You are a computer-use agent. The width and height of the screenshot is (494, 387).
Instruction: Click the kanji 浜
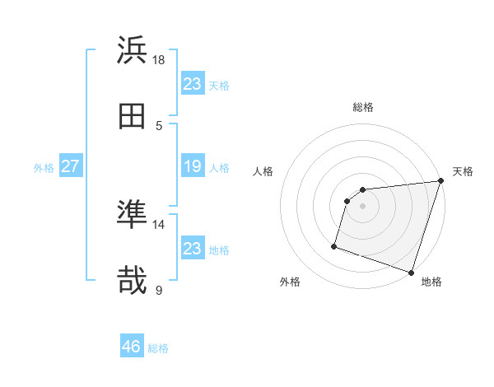pyautogui.click(x=132, y=50)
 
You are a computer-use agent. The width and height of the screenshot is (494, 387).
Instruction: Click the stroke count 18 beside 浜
pyautogui.click(x=159, y=60)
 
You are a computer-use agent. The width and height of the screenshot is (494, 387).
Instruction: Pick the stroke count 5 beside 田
pyautogui.click(x=159, y=126)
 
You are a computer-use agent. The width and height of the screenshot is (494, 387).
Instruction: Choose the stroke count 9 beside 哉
pyautogui.click(x=159, y=291)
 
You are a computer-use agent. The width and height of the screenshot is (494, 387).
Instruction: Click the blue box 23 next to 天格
pyautogui.click(x=193, y=84)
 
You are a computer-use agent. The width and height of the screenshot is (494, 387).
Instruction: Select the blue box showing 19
pyautogui.click(x=193, y=167)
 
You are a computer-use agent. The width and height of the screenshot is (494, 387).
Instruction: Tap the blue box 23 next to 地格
pyautogui.click(x=193, y=248)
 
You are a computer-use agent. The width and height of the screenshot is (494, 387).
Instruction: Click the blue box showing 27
pyautogui.click(x=70, y=167)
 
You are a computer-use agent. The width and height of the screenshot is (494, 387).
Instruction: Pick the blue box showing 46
pyautogui.click(x=132, y=347)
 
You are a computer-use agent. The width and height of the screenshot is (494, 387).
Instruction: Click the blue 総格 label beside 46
pyautogui.click(x=158, y=348)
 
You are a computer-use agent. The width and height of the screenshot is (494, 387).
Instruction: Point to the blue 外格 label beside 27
pyautogui.click(x=44, y=168)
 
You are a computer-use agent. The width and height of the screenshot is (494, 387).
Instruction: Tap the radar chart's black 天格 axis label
pyautogui.click(x=463, y=171)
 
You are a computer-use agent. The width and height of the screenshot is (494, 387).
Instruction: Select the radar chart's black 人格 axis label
pyautogui.click(x=263, y=171)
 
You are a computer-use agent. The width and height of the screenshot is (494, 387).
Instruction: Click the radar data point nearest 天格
pyautogui.click(x=440, y=181)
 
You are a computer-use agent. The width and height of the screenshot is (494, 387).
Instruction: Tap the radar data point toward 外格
pyautogui.click(x=334, y=245)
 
